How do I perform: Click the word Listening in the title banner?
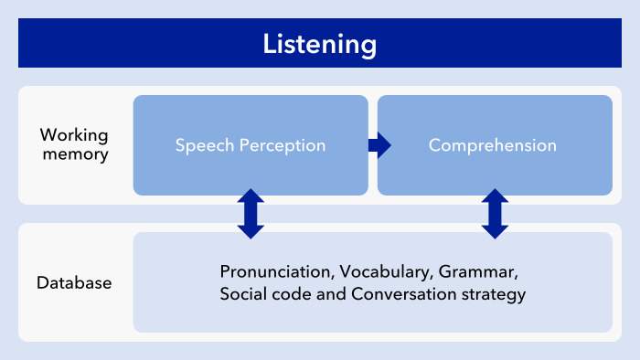320,45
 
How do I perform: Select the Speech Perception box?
251,145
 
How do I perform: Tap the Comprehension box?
495,145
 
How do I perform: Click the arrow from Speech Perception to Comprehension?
379,145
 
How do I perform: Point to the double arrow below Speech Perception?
251,214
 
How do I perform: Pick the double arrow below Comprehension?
495,214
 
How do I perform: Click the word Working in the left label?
74,135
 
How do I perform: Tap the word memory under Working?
76,154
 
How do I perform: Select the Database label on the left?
74,282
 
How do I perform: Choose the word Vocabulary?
386,272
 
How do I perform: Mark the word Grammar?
478,272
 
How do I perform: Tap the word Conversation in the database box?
404,294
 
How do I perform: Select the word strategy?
494,295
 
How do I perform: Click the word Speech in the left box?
205,145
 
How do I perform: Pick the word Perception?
283,145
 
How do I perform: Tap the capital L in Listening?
270,43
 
